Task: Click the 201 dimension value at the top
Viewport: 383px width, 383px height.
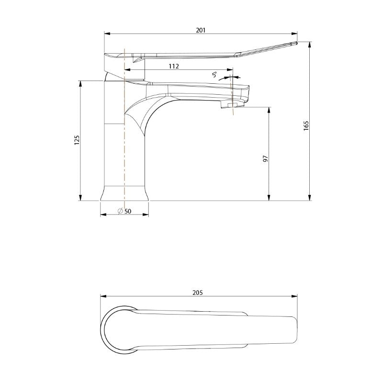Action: click(201, 30)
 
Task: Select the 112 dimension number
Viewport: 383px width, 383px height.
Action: click(173, 67)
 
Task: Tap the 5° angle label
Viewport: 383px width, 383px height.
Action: click(215, 75)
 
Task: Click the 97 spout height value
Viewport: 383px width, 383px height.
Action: click(265, 158)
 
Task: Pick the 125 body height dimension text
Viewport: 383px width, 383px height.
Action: click(77, 140)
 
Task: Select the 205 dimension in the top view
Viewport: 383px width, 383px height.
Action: click(198, 293)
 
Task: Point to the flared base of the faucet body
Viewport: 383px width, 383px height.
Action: click(124, 193)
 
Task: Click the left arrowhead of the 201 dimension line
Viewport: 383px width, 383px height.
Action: click(107, 34)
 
